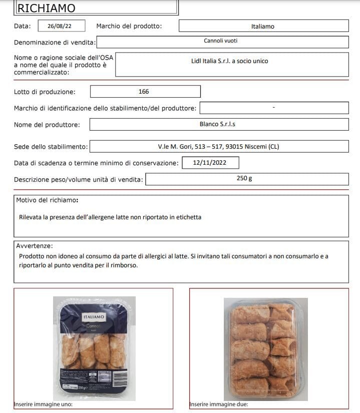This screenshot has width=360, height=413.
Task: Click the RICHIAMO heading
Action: (47, 8)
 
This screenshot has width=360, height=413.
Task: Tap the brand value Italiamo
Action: (263, 27)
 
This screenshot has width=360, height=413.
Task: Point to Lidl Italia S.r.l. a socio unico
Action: (230, 61)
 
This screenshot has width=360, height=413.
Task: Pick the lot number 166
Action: (144, 92)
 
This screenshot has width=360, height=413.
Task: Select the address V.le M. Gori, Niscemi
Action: (218, 147)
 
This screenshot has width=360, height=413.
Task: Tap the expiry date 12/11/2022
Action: (210, 163)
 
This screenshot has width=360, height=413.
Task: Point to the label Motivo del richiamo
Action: (47, 200)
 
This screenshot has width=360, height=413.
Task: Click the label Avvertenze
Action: (35, 246)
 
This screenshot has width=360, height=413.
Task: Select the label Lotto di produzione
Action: (45, 92)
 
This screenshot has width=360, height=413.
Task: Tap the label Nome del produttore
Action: (44, 125)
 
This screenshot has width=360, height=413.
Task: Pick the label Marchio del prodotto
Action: (129, 26)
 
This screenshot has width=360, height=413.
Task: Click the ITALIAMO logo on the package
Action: (94, 317)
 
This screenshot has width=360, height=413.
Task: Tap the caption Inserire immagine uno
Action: (44, 404)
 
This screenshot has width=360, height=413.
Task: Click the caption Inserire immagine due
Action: (219, 404)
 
